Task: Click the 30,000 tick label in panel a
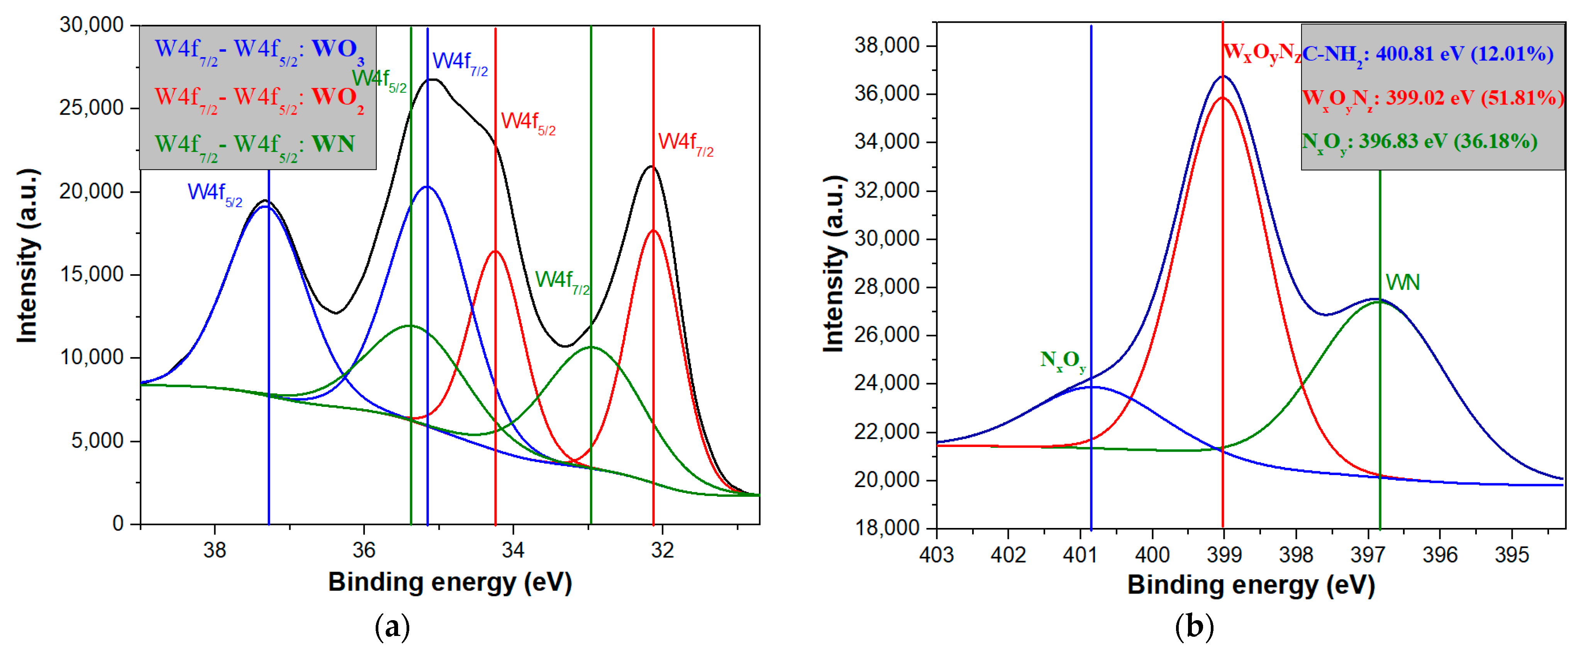(x=91, y=25)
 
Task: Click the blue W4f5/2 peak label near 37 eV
(x=215, y=193)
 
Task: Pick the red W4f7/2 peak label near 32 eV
(x=685, y=143)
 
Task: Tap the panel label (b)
(x=1194, y=627)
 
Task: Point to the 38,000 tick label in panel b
(x=886, y=46)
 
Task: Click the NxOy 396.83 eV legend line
(x=1419, y=143)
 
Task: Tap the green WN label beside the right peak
(x=1402, y=283)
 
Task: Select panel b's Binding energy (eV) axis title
(x=1251, y=585)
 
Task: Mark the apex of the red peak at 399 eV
(x=1222, y=97)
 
